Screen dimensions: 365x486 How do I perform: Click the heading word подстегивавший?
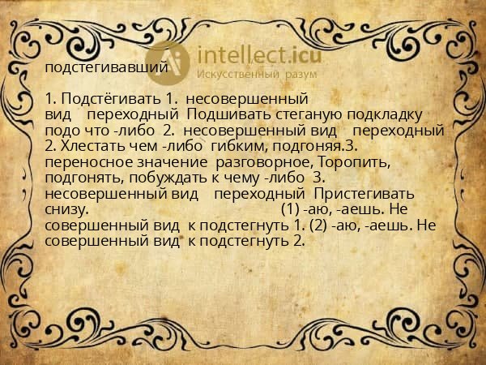pyautogui.click(x=106, y=67)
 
